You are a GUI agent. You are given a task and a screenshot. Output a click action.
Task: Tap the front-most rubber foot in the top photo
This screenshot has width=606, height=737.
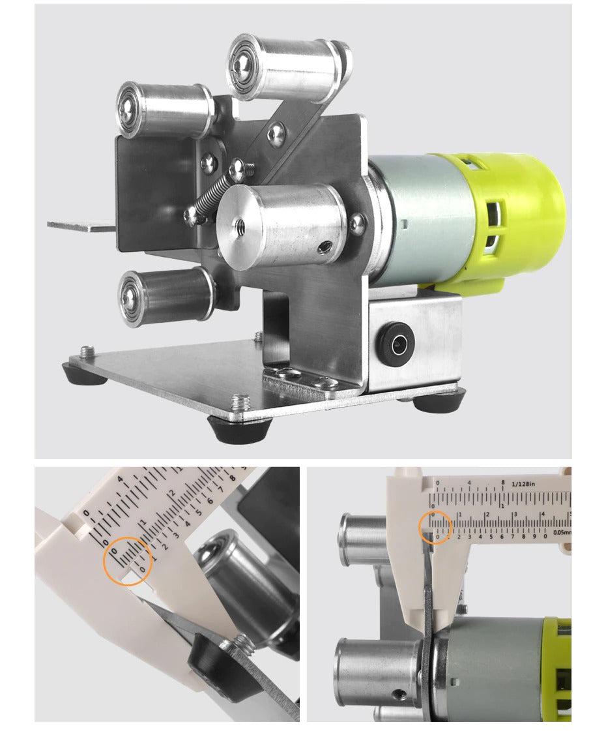pos(233,430)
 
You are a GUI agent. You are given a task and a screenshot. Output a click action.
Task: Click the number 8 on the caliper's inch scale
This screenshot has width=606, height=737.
pos(502,483)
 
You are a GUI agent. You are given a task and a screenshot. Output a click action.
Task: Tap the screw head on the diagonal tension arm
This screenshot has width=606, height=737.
pos(276,134)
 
